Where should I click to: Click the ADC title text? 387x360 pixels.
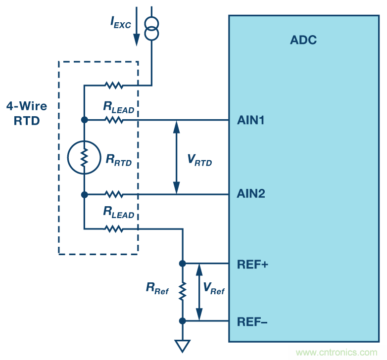click(303, 40)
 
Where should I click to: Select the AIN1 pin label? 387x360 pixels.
click(251, 120)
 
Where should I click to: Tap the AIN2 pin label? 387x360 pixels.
click(251, 194)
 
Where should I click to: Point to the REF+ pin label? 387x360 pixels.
click(252, 264)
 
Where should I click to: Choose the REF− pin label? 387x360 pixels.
click(252, 321)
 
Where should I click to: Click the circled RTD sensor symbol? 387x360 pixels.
click(84, 157)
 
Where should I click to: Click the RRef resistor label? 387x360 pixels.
click(157, 289)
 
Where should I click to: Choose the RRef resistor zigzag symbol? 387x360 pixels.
click(183, 292)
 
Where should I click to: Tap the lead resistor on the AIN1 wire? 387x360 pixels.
click(114, 120)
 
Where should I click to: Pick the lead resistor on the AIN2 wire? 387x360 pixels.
click(114, 194)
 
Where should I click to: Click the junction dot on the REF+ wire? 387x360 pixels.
click(183, 264)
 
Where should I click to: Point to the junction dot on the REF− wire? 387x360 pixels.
click(183, 321)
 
